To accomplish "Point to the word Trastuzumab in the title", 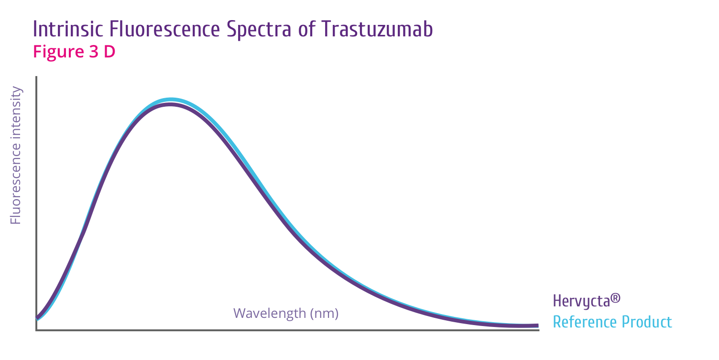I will [x=377, y=30].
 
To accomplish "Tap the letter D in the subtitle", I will [x=109, y=52].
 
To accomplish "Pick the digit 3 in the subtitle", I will [x=94, y=52].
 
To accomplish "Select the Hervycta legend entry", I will [x=586, y=301].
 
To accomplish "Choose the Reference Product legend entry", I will [x=612, y=322].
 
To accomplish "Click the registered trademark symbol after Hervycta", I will [x=616, y=298].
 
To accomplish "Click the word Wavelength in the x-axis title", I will [x=270, y=314].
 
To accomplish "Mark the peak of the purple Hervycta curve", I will [x=170, y=104].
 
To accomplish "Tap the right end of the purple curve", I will [x=537, y=326].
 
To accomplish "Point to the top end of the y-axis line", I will [x=36, y=77].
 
